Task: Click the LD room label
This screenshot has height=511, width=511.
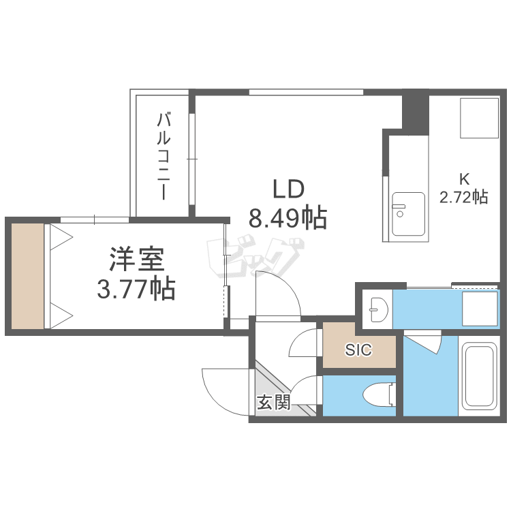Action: tap(288, 189)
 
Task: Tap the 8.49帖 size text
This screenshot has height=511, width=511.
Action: tap(288, 217)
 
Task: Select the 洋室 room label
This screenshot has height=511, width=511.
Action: tap(136, 260)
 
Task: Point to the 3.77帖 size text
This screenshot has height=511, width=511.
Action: tap(136, 289)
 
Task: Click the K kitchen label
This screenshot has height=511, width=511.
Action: tap(464, 179)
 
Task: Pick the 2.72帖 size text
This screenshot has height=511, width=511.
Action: tap(464, 197)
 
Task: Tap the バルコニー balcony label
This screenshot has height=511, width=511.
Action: tap(164, 156)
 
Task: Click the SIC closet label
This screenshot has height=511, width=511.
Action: tap(358, 350)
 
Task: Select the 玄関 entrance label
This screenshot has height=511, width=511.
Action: tap(274, 402)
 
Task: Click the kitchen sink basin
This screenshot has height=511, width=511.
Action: tap(408, 214)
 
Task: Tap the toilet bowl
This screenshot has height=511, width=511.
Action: tap(379, 394)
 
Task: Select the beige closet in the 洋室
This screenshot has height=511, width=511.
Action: tap(27, 276)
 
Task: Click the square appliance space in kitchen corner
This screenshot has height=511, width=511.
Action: tap(479, 119)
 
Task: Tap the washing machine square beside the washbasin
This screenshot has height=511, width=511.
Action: tap(480, 308)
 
